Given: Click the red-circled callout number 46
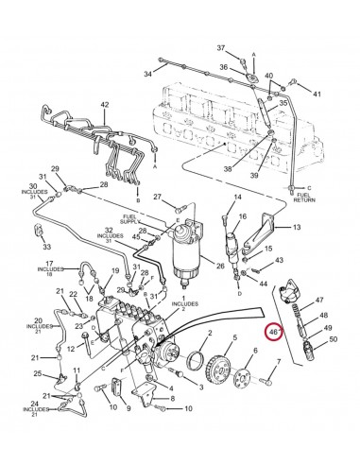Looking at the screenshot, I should pos(274,333).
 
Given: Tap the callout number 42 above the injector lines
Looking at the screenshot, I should pos(105,104).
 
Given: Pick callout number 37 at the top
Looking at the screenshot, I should pos(220,48).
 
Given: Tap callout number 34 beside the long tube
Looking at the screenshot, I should pos(147,73).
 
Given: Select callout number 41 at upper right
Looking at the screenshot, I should pos(317,94).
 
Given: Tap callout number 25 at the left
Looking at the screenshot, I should pos(37,375).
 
